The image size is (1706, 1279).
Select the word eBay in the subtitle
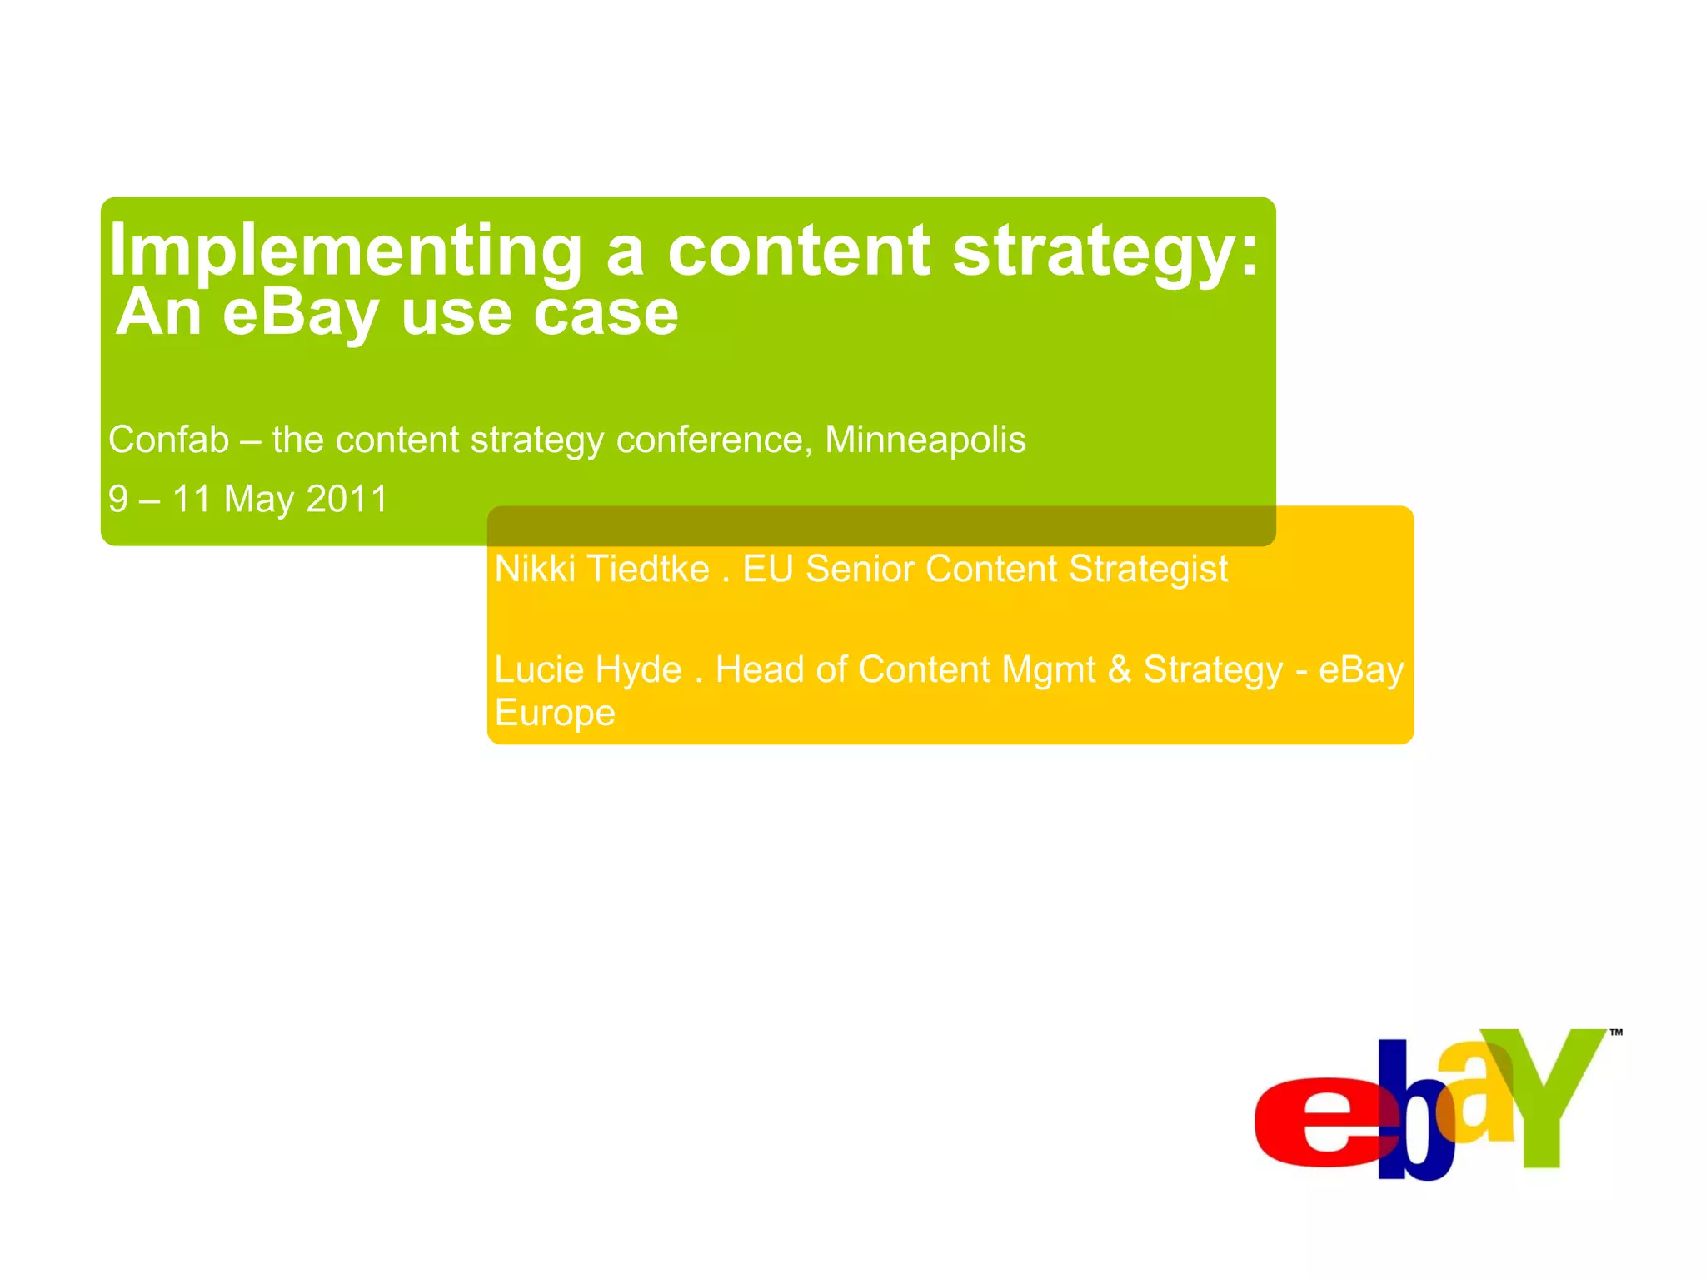click(x=301, y=314)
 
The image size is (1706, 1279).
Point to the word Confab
click(x=168, y=440)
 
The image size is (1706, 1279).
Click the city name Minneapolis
click(x=925, y=440)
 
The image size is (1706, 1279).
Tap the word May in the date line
click(x=258, y=500)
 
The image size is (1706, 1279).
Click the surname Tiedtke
click(x=649, y=570)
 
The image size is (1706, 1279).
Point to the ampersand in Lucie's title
click(x=1120, y=670)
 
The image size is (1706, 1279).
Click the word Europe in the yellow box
click(x=555, y=714)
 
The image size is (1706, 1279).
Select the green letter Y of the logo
click(x=1545, y=1091)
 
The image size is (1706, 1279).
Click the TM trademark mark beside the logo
click(x=1616, y=1033)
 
